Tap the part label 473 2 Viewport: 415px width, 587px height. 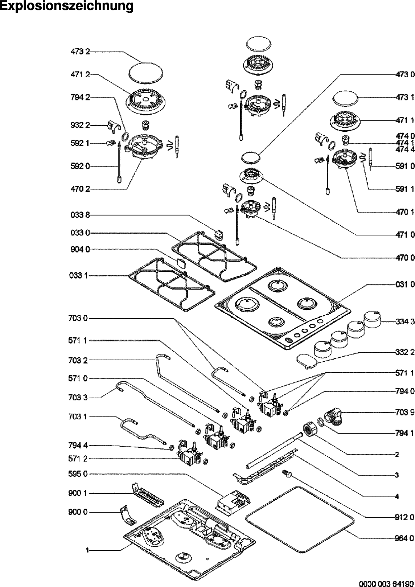(80, 52)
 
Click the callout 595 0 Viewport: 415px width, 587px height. (78, 474)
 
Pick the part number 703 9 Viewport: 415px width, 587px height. (405, 412)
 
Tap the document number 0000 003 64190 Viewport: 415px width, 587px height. (387, 583)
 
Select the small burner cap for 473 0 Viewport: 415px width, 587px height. (251, 158)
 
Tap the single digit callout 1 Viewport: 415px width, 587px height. (87, 551)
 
